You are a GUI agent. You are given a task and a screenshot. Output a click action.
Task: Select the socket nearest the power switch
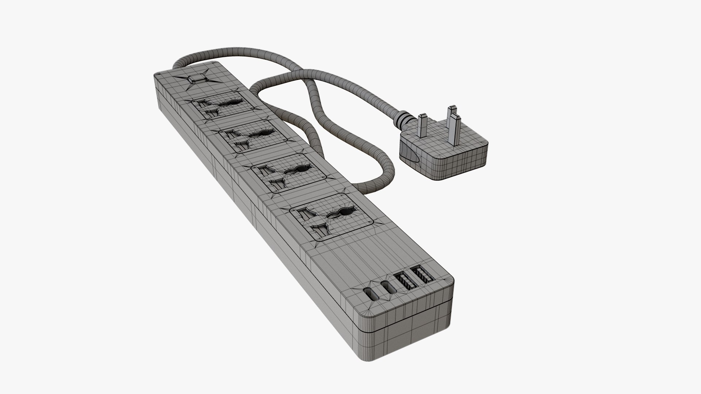click(217, 104)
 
